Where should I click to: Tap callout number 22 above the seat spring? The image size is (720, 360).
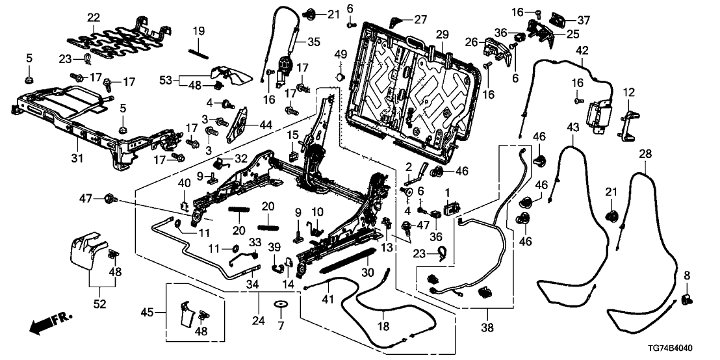(x=94, y=17)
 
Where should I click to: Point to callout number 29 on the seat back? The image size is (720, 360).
(x=443, y=33)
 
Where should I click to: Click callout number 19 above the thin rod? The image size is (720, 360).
(x=198, y=30)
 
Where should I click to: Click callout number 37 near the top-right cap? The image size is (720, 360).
(x=584, y=20)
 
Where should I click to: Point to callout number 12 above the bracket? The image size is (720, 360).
(x=628, y=94)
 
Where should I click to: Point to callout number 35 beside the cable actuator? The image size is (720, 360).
(x=313, y=42)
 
